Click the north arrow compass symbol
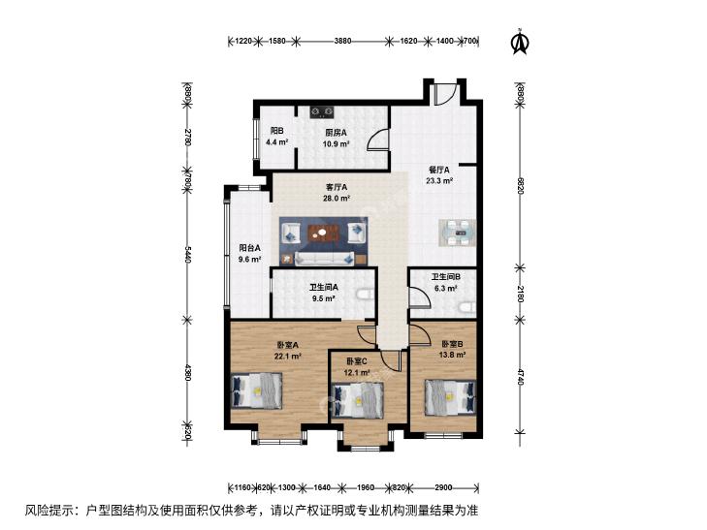pos(520,42)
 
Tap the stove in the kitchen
pos(321,111)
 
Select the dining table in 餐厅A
pos(458,233)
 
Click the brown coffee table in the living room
pos(322,234)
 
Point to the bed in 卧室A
pos(257,390)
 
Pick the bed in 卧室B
pos(450,397)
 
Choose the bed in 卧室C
pos(358,400)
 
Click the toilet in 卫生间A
pos(366,295)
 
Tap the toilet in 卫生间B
pos(467,308)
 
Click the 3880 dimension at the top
pos(342,41)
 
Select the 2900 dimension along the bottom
pos(443,487)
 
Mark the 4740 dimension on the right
pos(521,377)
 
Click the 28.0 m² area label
pos(337,198)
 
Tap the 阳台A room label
pos(250,248)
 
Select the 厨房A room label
pos(336,133)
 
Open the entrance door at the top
pos(446,94)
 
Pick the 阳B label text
pos(276,131)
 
